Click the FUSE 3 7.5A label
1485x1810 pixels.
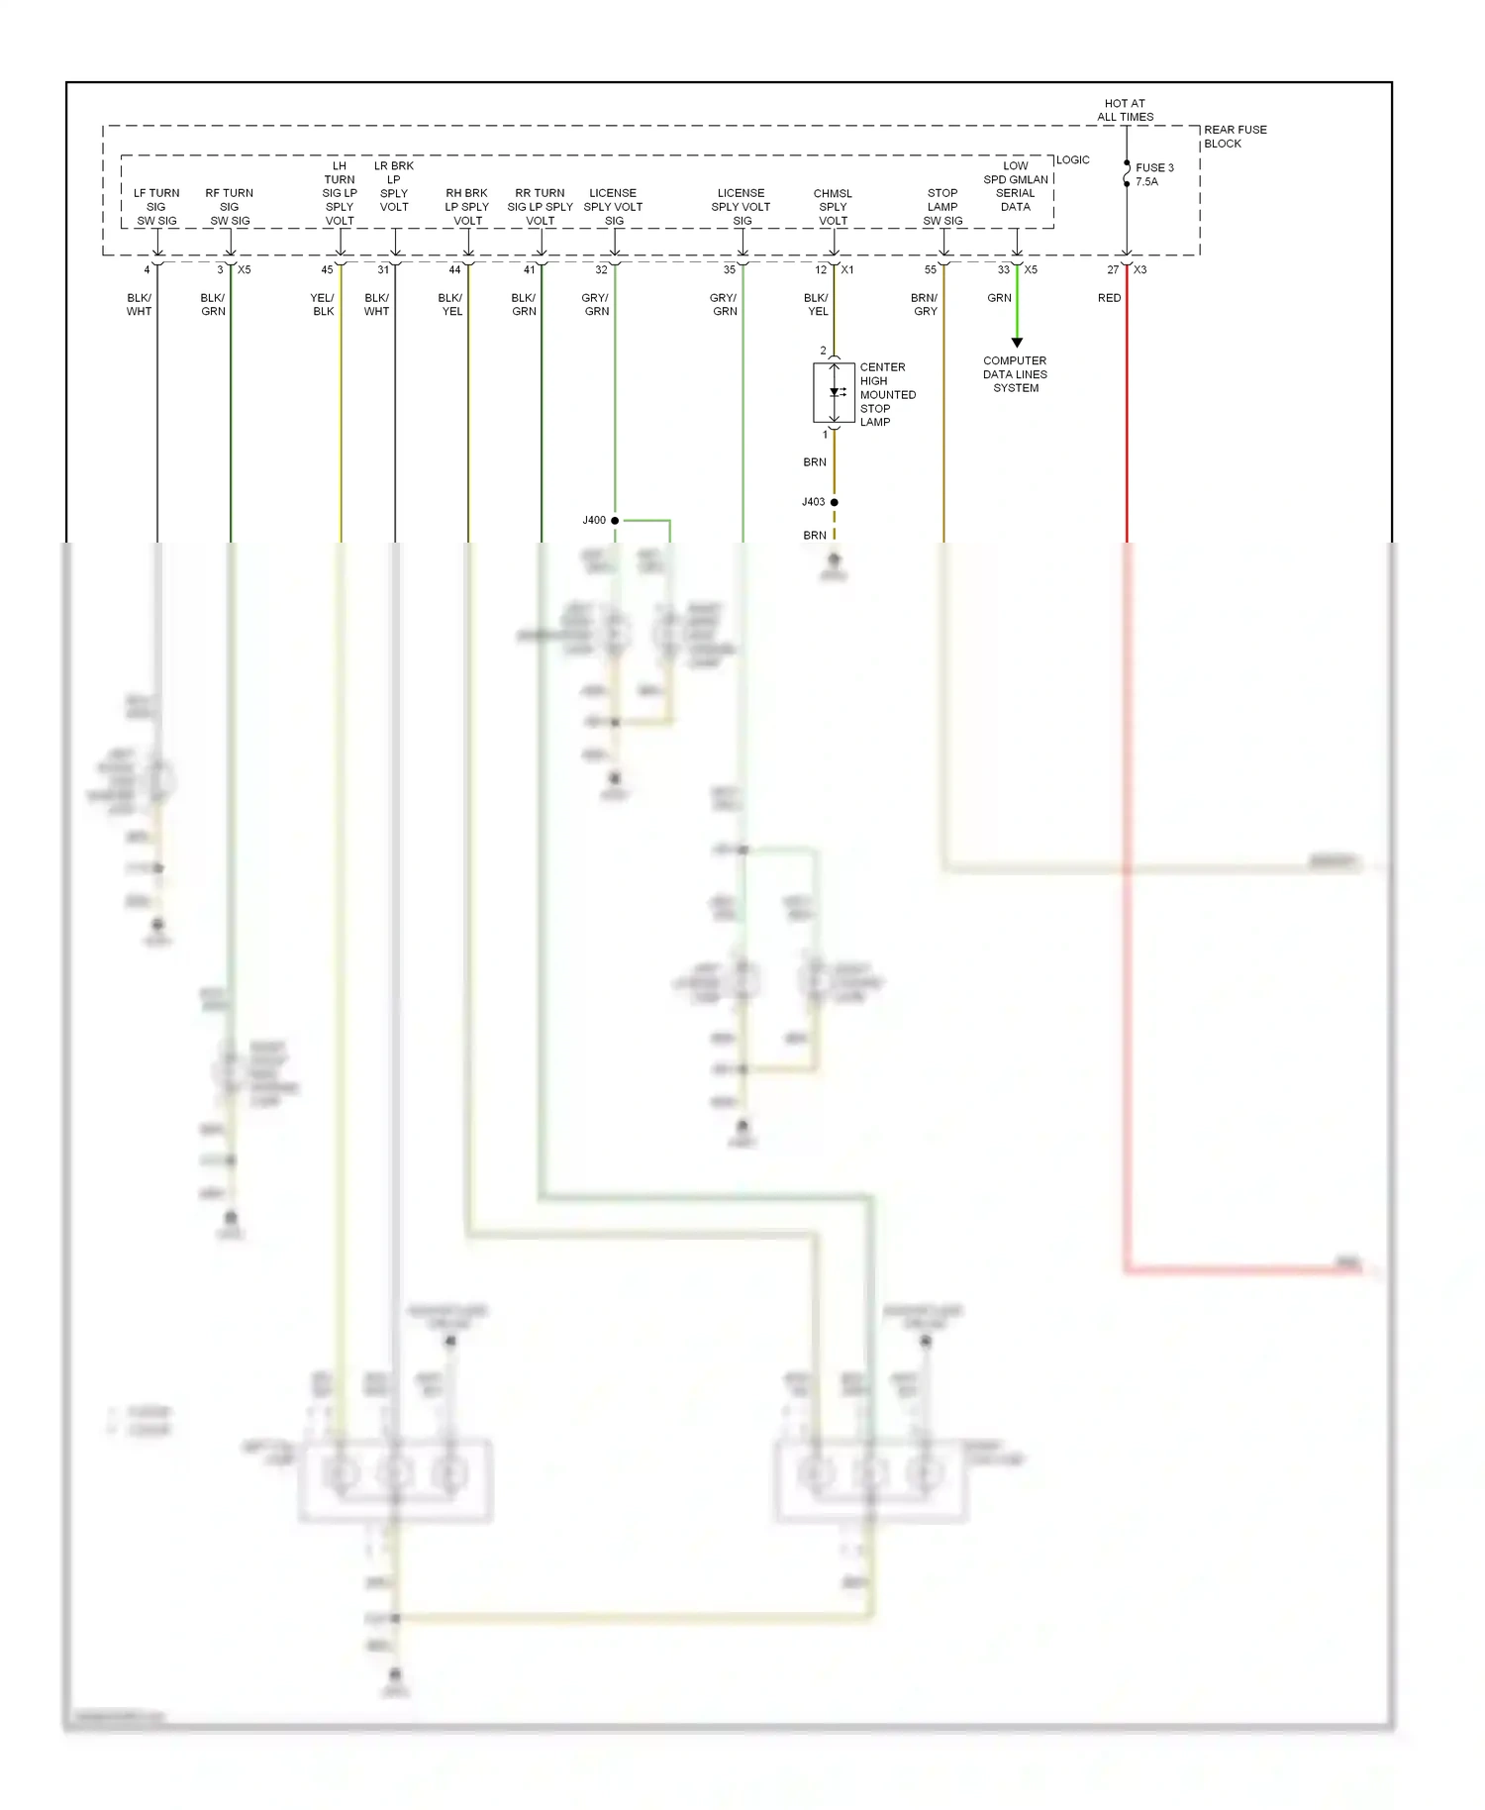pos(1153,175)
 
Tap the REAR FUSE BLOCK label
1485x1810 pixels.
pos(1235,137)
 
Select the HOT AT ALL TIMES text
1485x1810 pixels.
pos(1125,110)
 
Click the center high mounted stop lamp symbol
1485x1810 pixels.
pos(834,393)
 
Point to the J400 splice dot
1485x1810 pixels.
pos(615,520)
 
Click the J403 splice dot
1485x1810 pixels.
pos(834,502)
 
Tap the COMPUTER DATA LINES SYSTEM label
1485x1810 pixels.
pos(1015,374)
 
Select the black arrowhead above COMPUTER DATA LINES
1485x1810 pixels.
pos(1017,343)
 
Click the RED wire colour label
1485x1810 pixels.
pos(1109,298)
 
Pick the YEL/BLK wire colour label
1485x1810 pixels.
pos(323,305)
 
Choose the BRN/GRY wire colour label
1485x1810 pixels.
pos(925,305)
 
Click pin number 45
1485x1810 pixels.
pos(327,270)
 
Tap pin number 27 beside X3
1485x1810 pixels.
pos(1113,270)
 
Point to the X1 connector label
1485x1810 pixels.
pos(847,270)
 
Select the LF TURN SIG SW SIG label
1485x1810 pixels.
pos(156,207)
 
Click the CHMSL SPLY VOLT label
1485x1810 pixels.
pos(833,207)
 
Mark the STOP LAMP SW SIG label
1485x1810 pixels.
pos(942,207)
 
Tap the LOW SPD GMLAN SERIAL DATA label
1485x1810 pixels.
pos(1016,186)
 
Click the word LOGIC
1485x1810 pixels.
pos(1073,160)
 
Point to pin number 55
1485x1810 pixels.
pos(931,270)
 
